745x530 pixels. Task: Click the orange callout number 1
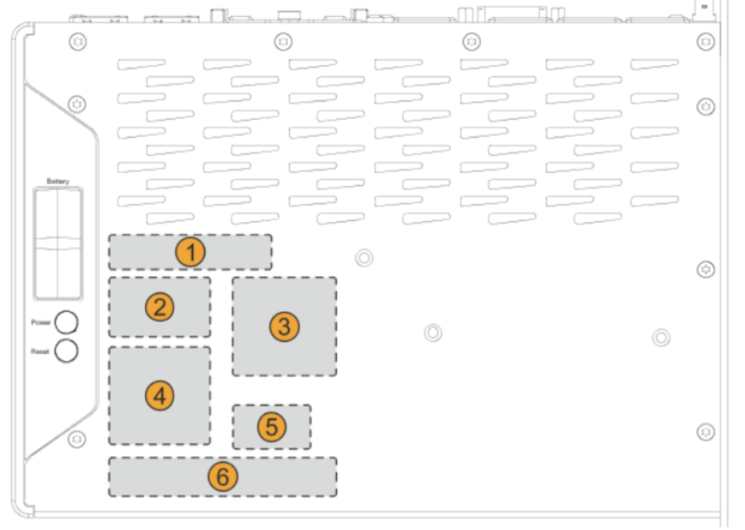191,253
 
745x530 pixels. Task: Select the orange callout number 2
160,306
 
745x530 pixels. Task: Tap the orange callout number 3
284,326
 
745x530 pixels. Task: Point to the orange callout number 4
160,395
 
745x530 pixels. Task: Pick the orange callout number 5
272,427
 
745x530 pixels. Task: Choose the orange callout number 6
222,477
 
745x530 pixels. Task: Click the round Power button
67,322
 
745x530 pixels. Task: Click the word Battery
58,183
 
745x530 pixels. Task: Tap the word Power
41,323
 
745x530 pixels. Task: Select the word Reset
41,351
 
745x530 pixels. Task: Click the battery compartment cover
57,241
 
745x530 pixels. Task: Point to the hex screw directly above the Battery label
76,104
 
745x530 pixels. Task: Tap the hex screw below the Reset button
76,438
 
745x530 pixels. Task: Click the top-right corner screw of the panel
706,41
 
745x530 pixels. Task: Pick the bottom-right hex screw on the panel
706,431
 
